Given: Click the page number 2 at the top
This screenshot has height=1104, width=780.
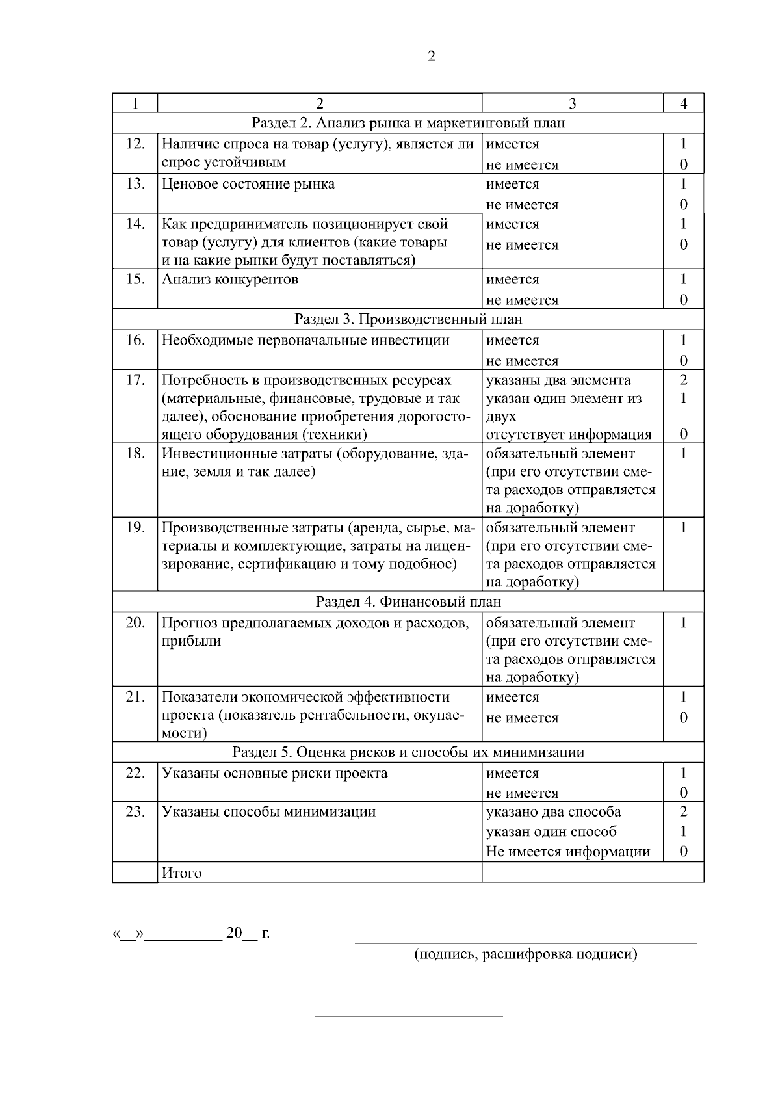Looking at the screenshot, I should (432, 57).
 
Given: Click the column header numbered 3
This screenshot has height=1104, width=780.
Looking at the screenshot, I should (572, 103).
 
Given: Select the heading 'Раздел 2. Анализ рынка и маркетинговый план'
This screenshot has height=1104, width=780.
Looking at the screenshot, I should (408, 123).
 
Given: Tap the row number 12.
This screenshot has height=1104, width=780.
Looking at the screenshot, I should (135, 144).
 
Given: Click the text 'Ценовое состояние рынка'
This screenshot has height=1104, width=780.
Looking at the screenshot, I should (248, 184).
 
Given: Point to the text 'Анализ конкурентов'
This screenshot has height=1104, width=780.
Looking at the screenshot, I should (230, 280).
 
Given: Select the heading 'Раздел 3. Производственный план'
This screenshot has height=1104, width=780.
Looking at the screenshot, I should (408, 319).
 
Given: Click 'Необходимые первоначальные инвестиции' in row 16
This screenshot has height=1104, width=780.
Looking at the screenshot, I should (305, 341).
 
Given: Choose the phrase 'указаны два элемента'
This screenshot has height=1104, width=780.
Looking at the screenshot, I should (558, 380).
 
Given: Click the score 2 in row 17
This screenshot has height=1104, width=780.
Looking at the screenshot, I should (683, 380).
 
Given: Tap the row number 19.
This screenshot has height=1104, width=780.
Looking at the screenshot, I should (135, 527).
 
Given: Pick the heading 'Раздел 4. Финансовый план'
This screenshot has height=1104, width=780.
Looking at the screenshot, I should (408, 602).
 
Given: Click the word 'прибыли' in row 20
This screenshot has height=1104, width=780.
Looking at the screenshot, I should (191, 642).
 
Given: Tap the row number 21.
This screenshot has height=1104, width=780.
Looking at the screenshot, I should (135, 697).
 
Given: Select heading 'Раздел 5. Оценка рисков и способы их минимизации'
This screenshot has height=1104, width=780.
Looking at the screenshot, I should (408, 752).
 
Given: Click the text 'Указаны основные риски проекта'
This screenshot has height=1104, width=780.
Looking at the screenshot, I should (274, 774).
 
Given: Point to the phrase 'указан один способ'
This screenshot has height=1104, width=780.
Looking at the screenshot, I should (551, 832).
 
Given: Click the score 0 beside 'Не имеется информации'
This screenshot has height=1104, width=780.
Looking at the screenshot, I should (683, 852).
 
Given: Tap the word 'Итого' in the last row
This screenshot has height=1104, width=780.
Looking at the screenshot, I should (181, 873).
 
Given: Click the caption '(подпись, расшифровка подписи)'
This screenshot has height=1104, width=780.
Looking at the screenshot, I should (526, 954).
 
